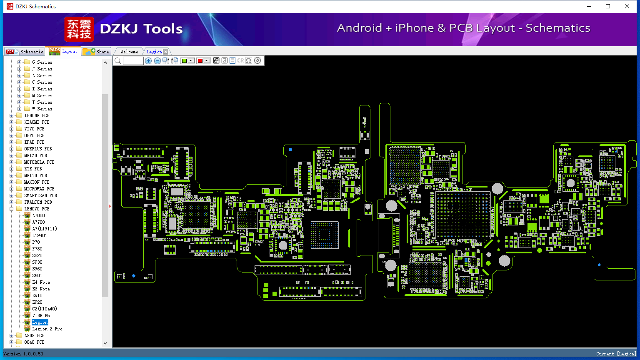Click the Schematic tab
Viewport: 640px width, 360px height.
(x=25, y=51)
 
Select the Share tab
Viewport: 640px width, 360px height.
(x=96, y=51)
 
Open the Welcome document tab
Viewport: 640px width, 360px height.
(x=129, y=52)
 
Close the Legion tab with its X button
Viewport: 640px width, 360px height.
(x=166, y=52)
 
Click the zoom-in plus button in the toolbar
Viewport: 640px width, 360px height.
(x=148, y=60)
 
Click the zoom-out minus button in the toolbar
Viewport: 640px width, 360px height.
(x=157, y=60)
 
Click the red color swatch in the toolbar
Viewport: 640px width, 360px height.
(x=200, y=60)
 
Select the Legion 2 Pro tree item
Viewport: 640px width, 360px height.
(x=47, y=329)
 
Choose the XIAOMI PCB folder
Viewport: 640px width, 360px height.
(x=37, y=122)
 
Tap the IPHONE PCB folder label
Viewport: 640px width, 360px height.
(x=37, y=115)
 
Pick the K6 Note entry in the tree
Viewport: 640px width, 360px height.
(x=41, y=289)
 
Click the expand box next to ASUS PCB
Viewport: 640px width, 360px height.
(x=11, y=335)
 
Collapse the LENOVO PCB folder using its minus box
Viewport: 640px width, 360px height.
(x=11, y=209)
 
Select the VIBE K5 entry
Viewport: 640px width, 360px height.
(x=41, y=315)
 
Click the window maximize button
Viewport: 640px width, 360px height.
(x=608, y=6)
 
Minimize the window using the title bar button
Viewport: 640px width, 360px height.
(x=589, y=6)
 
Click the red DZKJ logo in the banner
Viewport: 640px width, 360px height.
(x=79, y=29)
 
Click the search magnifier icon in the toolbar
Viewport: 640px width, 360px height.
(x=118, y=60)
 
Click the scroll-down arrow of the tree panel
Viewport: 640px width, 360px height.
(x=105, y=343)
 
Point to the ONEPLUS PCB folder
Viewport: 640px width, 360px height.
(x=38, y=149)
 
